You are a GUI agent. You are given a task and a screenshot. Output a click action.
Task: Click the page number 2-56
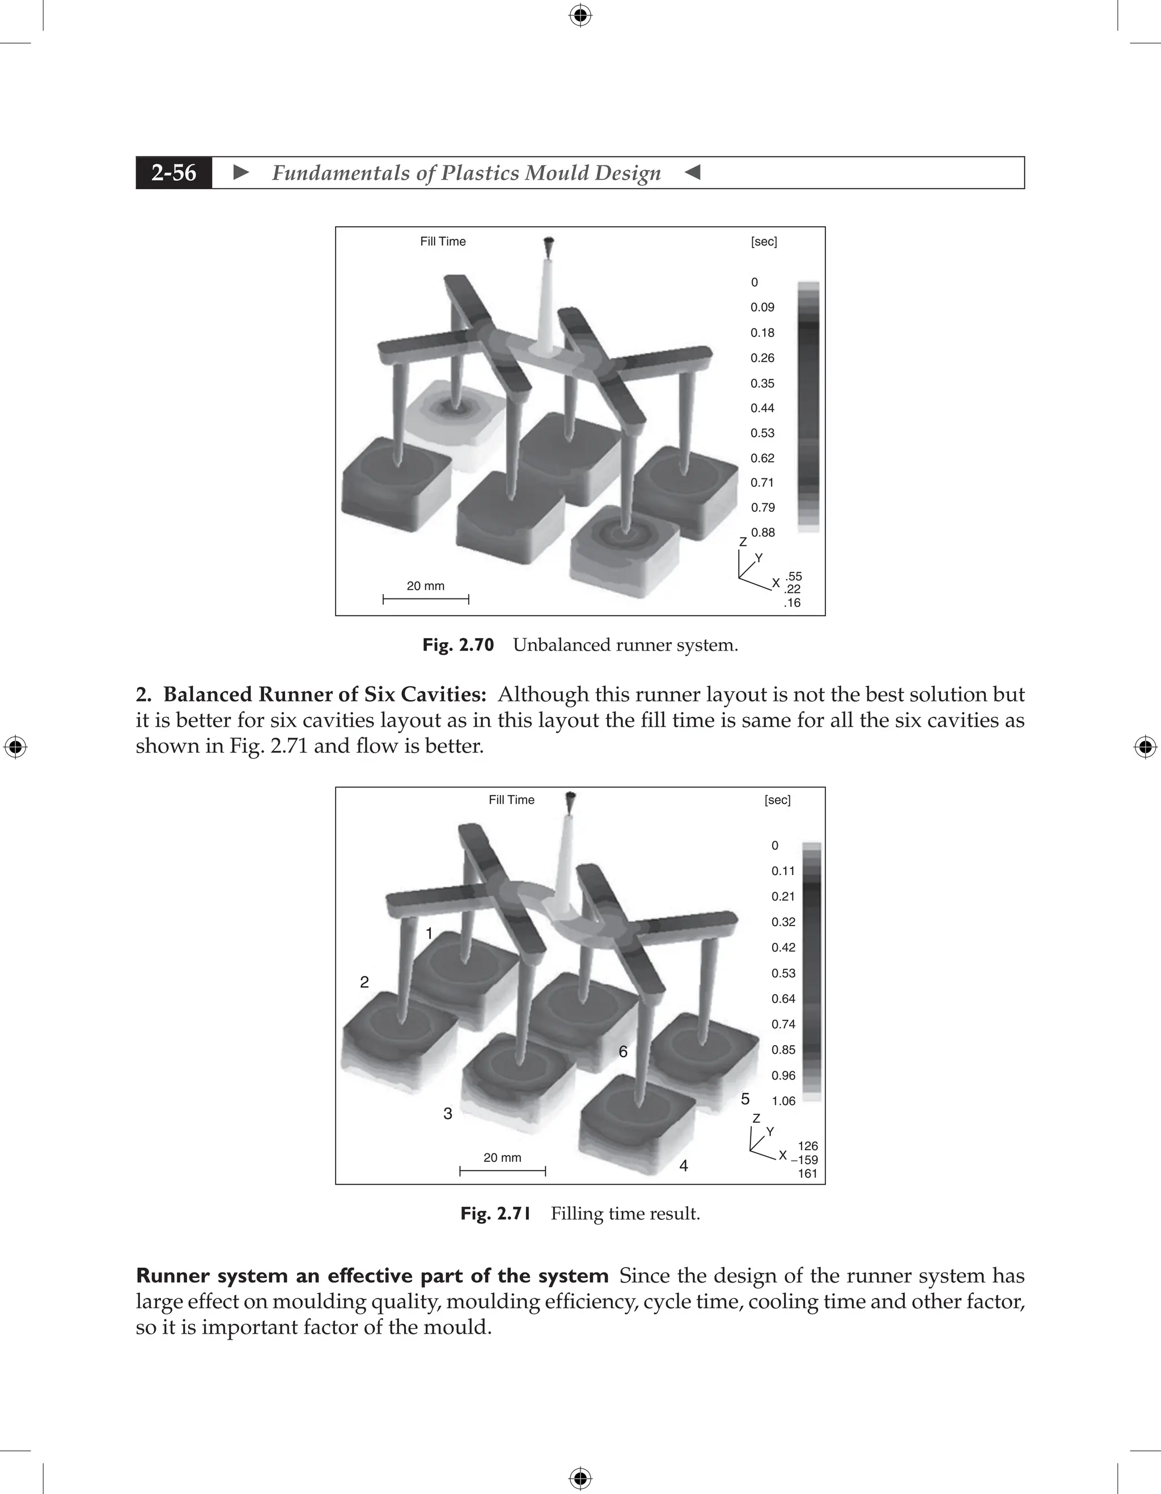click(174, 173)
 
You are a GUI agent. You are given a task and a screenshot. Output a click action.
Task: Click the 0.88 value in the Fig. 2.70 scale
click(763, 532)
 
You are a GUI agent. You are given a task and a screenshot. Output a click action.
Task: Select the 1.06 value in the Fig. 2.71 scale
click(783, 1101)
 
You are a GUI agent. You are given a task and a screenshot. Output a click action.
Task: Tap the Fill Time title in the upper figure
click(443, 241)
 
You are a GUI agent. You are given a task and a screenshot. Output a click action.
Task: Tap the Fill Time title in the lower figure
click(511, 800)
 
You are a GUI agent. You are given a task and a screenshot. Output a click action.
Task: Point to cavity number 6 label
click(622, 1051)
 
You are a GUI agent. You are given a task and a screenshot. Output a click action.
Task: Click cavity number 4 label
click(684, 1166)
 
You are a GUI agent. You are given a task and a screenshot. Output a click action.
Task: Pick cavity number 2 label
click(364, 982)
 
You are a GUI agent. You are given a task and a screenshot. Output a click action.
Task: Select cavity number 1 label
click(429, 933)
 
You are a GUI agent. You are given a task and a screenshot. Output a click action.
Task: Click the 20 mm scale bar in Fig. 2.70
click(426, 599)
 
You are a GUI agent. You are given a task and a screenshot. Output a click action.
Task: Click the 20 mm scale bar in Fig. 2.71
click(502, 1170)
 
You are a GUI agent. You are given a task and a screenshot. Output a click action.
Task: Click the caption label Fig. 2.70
click(457, 645)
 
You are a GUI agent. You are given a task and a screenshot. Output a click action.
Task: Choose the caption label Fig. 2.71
click(495, 1213)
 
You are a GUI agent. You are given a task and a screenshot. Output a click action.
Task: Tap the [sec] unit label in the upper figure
click(764, 241)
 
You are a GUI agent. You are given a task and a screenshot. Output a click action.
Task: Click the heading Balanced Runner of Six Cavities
click(324, 694)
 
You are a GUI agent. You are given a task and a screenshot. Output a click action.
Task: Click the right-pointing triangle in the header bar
click(241, 172)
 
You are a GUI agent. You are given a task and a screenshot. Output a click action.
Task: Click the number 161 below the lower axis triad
click(807, 1173)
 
